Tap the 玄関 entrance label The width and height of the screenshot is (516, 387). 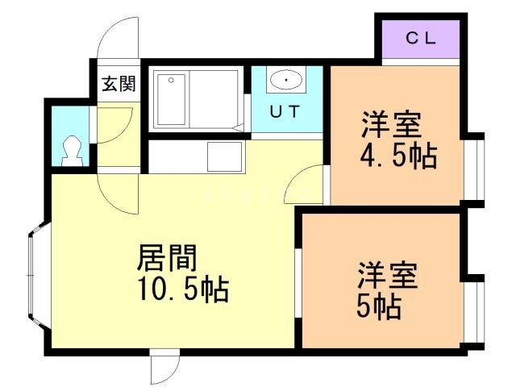pyautogui.click(x=118, y=84)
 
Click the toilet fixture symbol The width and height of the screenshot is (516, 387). pyautogui.click(x=72, y=151)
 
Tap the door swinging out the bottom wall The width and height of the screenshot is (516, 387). pyautogui.click(x=164, y=368)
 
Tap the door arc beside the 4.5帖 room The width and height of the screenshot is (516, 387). pyautogui.click(x=305, y=186)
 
